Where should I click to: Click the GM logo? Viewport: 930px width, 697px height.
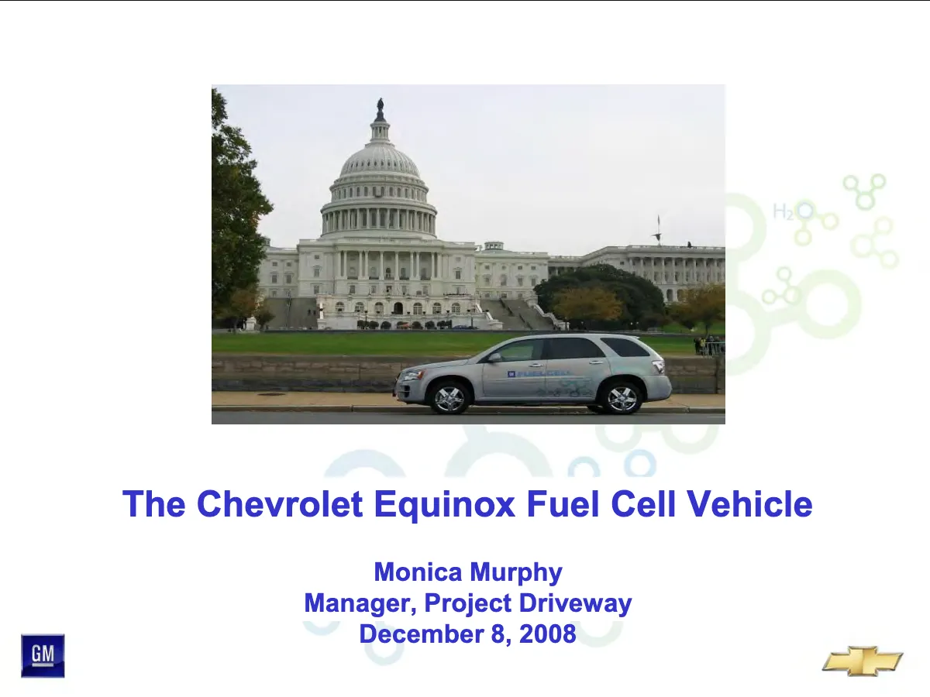coord(43,655)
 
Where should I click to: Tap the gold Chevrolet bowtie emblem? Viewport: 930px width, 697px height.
coord(863,661)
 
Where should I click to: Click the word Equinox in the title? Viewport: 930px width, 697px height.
coord(444,505)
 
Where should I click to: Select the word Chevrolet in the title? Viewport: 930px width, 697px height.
coord(280,503)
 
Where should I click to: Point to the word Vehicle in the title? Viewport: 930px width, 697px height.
coord(749,503)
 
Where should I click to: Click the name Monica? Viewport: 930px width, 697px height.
coord(418,572)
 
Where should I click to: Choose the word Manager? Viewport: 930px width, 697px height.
coord(360,604)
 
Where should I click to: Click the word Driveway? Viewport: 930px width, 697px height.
coord(575,604)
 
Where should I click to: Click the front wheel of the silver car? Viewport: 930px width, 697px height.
coord(449,398)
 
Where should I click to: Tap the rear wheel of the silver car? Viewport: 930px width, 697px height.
coord(622,398)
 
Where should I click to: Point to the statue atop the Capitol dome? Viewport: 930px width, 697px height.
coord(380,108)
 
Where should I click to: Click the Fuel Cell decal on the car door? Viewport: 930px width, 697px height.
coord(539,374)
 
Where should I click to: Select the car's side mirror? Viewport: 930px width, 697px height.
coord(494,358)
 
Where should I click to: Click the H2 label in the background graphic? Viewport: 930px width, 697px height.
coord(783,211)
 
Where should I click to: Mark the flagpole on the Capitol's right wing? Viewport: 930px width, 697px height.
coord(659,231)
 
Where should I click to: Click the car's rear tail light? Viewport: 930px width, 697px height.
coord(659,366)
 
